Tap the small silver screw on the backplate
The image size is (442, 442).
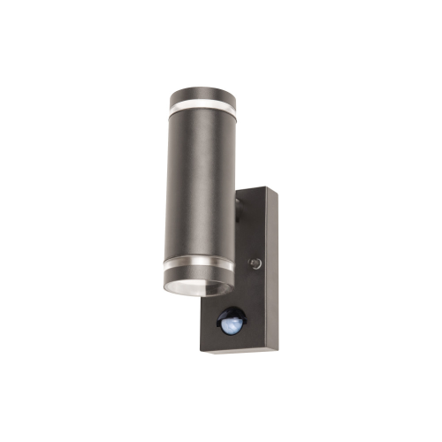[255, 263]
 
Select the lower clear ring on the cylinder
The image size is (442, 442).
[200, 267]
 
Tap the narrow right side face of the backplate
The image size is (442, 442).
[272, 274]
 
